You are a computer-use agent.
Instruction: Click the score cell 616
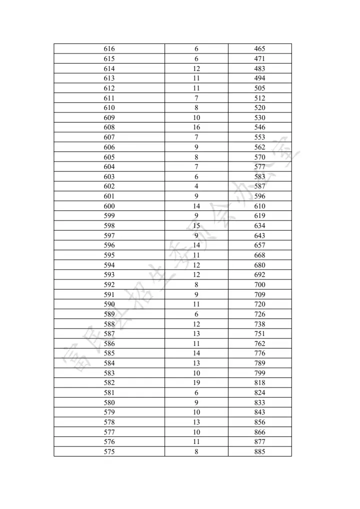pyautogui.click(x=109, y=49)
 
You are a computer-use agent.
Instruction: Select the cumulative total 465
pyautogui.click(x=259, y=49)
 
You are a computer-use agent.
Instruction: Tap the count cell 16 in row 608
pyautogui.click(x=196, y=127)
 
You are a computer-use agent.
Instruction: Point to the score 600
pyautogui.click(x=109, y=206)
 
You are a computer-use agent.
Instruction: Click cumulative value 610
pyautogui.click(x=259, y=206)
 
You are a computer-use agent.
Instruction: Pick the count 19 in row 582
pyautogui.click(x=196, y=383)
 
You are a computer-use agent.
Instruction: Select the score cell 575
pyautogui.click(x=109, y=451)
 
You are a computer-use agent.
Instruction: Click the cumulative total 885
pyautogui.click(x=259, y=451)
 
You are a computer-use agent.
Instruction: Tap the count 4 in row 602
pyautogui.click(x=196, y=186)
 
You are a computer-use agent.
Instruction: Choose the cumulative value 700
pyautogui.click(x=259, y=284)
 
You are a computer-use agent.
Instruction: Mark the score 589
pyautogui.click(x=109, y=314)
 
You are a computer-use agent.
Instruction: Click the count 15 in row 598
pyautogui.click(x=196, y=225)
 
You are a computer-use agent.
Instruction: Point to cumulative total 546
pyautogui.click(x=259, y=127)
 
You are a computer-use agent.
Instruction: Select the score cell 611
pyautogui.click(x=109, y=98)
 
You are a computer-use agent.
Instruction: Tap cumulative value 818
pyautogui.click(x=259, y=383)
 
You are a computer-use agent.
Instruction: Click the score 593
pyautogui.click(x=109, y=274)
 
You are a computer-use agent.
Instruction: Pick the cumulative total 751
pyautogui.click(x=259, y=333)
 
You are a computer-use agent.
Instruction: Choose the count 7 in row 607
pyautogui.click(x=196, y=137)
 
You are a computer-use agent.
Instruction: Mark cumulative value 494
pyautogui.click(x=259, y=78)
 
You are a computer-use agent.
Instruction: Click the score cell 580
pyautogui.click(x=109, y=402)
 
